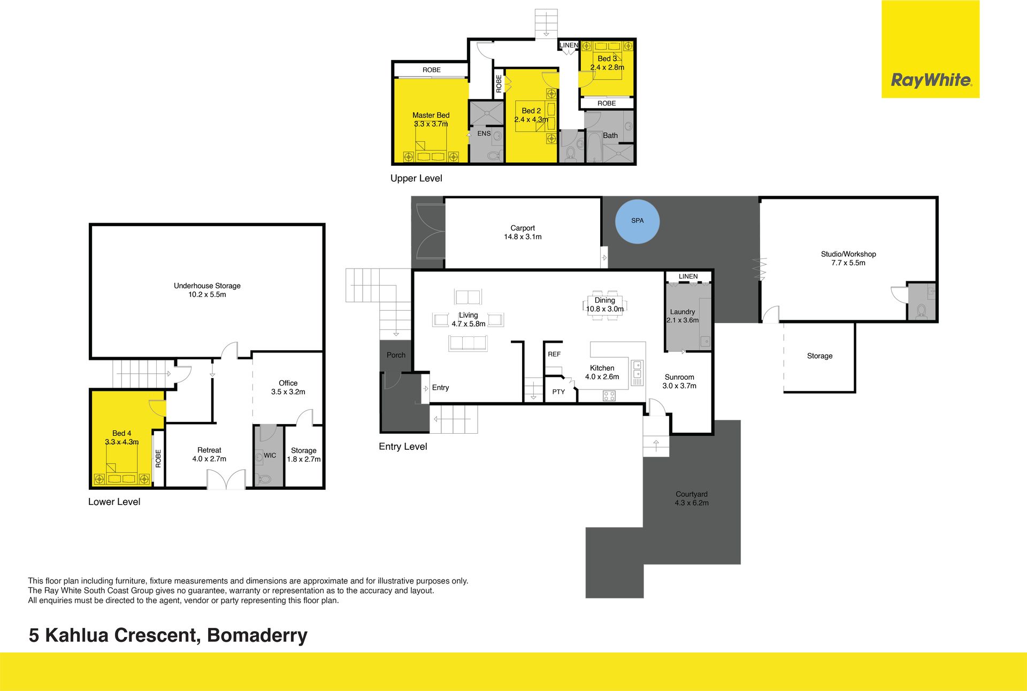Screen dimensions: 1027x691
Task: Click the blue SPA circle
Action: click(x=637, y=221)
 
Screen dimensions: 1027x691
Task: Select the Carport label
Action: click(x=523, y=228)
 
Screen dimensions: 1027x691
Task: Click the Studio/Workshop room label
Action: click(x=848, y=254)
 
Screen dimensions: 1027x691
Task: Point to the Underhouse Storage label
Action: click(x=207, y=286)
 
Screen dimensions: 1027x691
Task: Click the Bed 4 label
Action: click(x=121, y=433)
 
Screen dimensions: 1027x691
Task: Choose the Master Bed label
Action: click(x=431, y=115)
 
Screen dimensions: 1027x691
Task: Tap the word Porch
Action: click(x=396, y=355)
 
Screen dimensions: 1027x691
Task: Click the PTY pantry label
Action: click(x=558, y=392)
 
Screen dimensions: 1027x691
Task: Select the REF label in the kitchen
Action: click(x=554, y=354)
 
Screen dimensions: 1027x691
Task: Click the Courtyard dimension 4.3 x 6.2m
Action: click(x=692, y=503)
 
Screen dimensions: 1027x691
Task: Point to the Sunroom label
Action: click(x=679, y=377)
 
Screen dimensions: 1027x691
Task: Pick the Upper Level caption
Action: click(x=416, y=179)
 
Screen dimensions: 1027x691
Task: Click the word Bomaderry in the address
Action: click(x=257, y=635)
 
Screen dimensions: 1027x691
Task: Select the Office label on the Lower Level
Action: click(x=288, y=383)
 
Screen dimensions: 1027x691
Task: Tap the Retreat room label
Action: click(x=209, y=450)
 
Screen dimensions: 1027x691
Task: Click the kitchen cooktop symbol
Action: click(x=609, y=396)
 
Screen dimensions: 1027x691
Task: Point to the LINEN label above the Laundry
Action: click(x=688, y=277)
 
